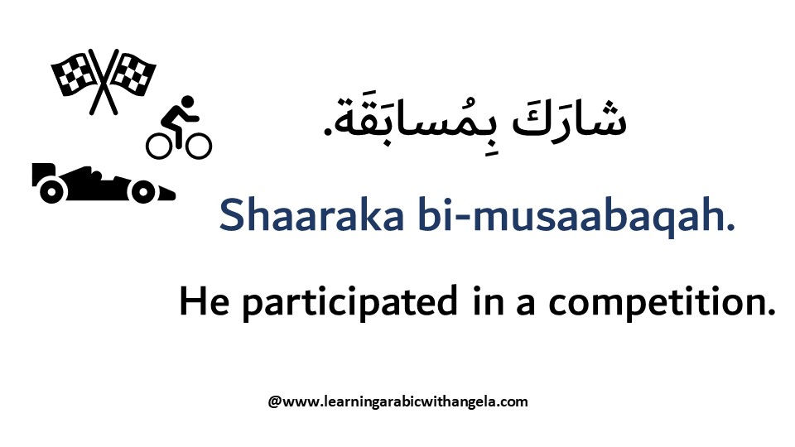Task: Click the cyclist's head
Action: [x=188, y=101]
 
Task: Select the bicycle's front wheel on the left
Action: [x=159, y=146]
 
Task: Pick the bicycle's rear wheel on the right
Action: [x=198, y=146]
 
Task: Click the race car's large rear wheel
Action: [x=51, y=190]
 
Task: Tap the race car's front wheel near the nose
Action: [x=143, y=191]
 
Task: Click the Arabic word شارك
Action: [x=570, y=119]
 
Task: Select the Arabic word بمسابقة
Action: [x=416, y=121]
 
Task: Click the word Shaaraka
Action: [x=311, y=215]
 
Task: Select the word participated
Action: [x=349, y=303]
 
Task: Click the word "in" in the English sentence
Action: [x=489, y=301]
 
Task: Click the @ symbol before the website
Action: [x=274, y=402]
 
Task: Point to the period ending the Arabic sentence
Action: [x=328, y=132]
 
